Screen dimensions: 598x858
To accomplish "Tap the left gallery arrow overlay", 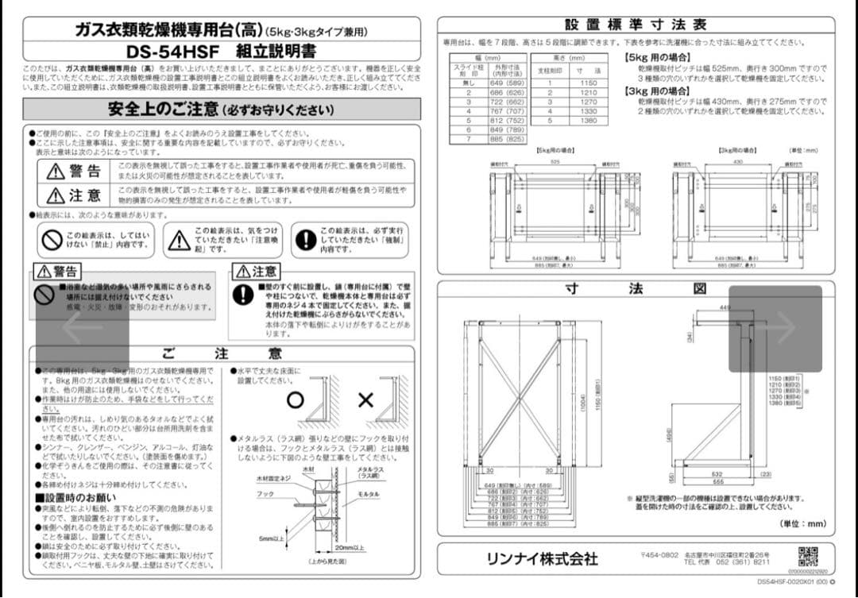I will (83, 327).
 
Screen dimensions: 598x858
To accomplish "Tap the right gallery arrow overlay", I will (775, 328).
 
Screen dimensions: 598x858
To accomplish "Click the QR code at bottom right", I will (808, 556).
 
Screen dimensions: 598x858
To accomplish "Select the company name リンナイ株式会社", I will (542, 558).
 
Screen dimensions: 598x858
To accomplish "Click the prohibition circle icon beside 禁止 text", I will (52, 239).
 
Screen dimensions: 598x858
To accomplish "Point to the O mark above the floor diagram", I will (295, 399).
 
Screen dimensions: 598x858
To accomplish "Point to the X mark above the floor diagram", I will (365, 399).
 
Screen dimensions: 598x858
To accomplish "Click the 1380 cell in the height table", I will (588, 121).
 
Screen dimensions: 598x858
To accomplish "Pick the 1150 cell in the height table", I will (588, 83).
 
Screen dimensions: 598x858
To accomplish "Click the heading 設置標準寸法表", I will (635, 25).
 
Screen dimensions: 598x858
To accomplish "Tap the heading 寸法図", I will (635, 289).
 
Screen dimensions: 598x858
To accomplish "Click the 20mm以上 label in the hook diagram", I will (350, 548).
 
